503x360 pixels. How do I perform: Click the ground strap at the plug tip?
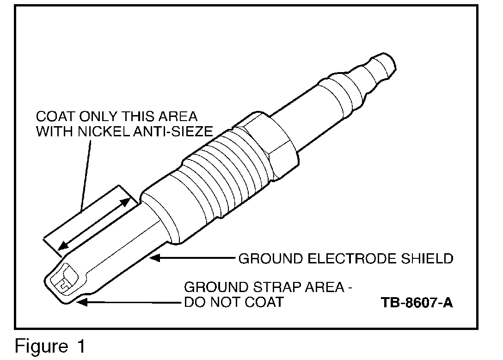pos(65,280)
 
